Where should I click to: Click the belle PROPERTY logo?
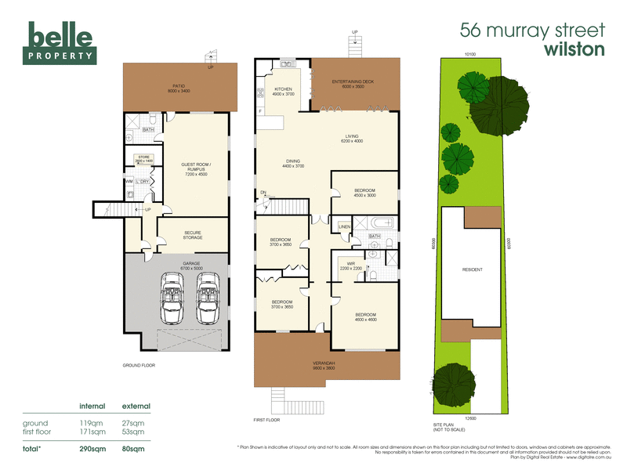[x=61, y=42]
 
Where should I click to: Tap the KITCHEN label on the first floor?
[x=282, y=92]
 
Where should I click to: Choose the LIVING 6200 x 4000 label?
[x=351, y=139]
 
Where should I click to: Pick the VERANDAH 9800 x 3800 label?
[x=324, y=366]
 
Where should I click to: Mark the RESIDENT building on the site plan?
[x=472, y=269]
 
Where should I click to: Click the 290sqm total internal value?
[x=93, y=449]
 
